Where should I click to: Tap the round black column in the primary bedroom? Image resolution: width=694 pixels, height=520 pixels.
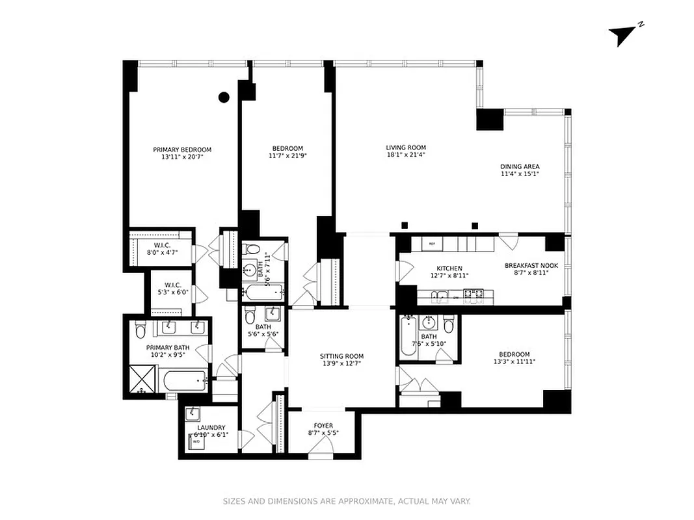(x=224, y=97)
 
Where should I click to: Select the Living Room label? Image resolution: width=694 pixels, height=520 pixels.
(x=406, y=148)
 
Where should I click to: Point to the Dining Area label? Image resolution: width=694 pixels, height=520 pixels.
(x=520, y=166)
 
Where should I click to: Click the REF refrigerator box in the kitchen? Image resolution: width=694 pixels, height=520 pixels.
(x=432, y=244)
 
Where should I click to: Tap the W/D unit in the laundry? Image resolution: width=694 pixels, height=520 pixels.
(x=196, y=441)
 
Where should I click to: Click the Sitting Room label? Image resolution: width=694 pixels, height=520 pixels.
(x=341, y=356)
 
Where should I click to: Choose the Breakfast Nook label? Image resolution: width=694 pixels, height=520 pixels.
(x=531, y=266)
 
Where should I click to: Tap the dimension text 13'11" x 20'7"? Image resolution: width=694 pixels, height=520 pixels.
(x=182, y=157)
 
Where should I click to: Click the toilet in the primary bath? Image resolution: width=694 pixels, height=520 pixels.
(x=140, y=331)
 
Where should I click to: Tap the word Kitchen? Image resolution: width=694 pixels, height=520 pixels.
(x=449, y=268)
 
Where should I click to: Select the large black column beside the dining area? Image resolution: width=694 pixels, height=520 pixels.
(x=490, y=119)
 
